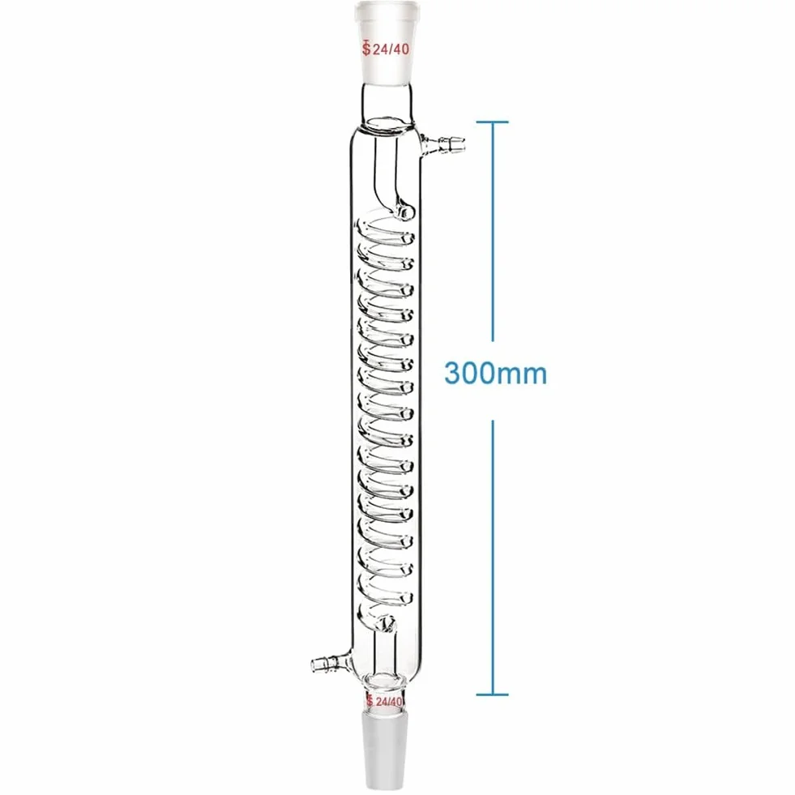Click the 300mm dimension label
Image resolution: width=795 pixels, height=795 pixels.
click(495, 373)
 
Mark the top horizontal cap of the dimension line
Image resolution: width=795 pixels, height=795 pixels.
click(492, 122)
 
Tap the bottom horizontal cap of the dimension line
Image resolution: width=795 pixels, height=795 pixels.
click(492, 694)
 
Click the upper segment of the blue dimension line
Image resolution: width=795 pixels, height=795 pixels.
click(492, 231)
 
